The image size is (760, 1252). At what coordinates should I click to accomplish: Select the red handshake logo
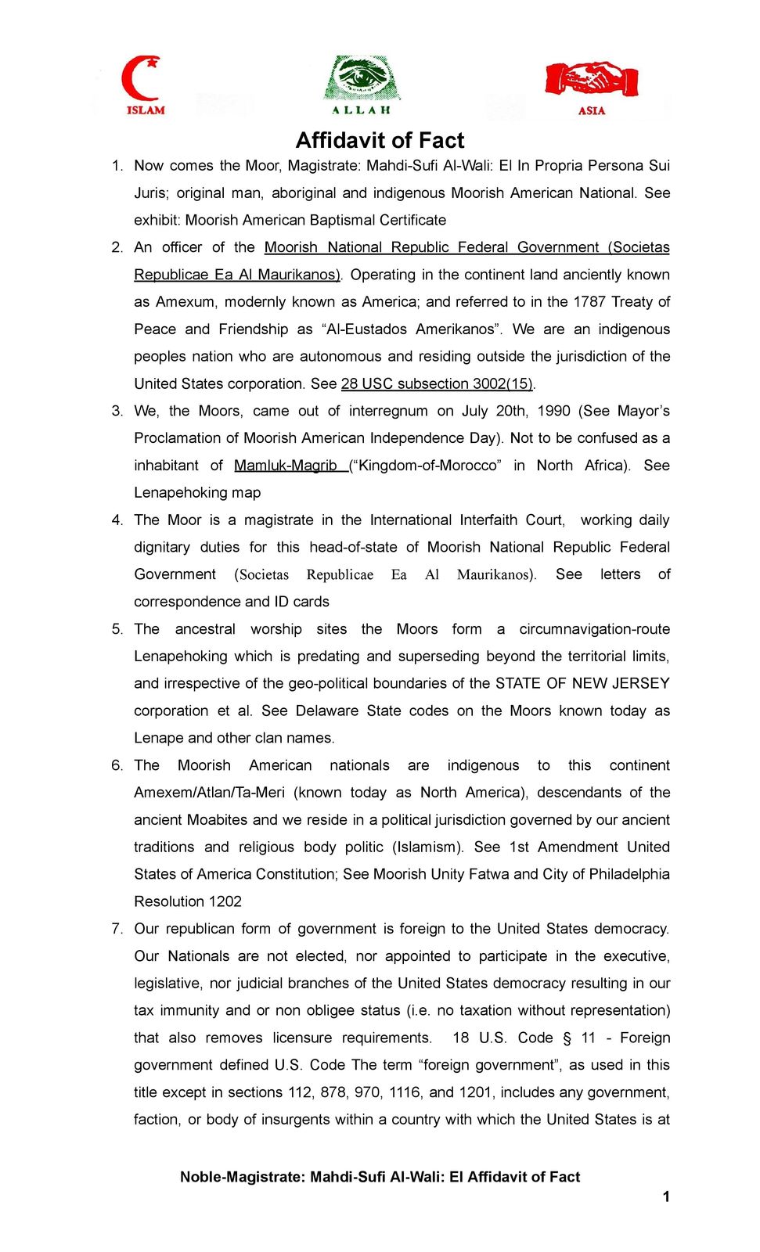[x=592, y=79]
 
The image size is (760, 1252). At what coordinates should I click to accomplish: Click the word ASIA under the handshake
[x=592, y=111]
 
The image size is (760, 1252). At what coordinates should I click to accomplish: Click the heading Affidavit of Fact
[x=380, y=140]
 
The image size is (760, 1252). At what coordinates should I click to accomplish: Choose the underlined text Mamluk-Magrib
[x=286, y=466]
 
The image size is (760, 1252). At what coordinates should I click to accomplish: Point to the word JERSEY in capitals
[x=641, y=683]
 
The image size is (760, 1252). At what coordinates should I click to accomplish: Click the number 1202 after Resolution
[x=225, y=901]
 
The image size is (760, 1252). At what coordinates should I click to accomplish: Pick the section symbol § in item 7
[x=567, y=1038]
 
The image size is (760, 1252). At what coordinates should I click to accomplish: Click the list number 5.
[x=117, y=629]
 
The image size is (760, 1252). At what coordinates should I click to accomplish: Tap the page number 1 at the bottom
[x=666, y=1196]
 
